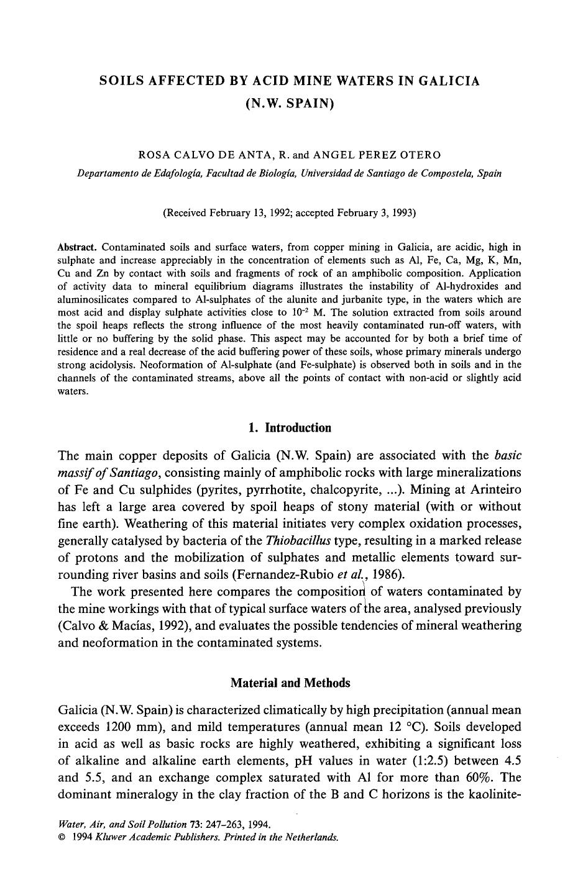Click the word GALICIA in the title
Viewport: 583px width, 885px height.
(x=443, y=81)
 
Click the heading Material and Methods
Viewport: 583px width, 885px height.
(x=290, y=683)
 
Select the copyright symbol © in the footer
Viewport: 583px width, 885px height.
(x=62, y=837)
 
